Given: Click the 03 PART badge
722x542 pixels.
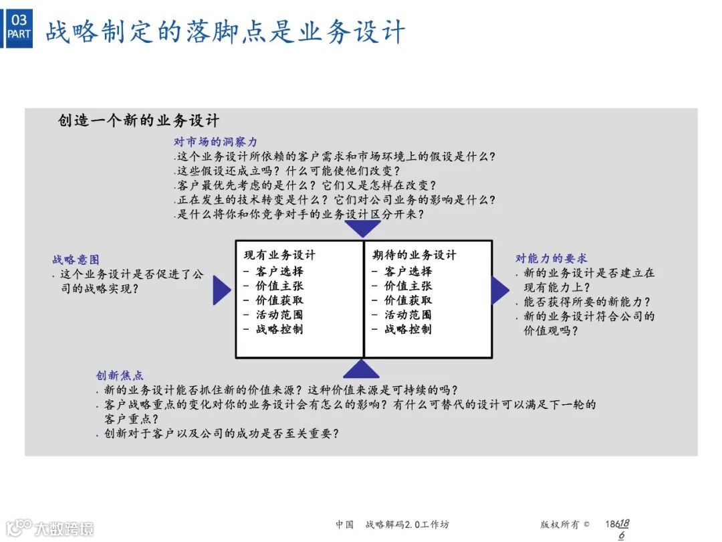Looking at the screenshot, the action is tap(19, 27).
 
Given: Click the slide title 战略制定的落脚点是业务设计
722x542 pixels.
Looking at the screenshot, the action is tap(225, 31).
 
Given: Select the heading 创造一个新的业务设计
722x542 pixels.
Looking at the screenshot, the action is tap(138, 121).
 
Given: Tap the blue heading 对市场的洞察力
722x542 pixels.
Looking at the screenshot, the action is tap(215, 142).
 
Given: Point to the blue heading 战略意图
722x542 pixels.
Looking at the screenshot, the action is tap(76, 260).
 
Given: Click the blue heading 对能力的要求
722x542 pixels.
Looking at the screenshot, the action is tap(551, 258).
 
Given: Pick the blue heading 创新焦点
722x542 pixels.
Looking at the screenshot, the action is tap(119, 375).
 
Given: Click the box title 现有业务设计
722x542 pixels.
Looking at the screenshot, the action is tap(279, 255).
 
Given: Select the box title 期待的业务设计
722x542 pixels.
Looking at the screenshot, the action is tap(414, 255).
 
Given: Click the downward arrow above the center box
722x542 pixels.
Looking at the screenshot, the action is tap(362, 229).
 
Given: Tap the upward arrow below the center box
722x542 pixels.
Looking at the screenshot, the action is tap(362, 369).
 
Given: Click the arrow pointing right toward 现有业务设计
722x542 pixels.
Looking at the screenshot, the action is tap(221, 290).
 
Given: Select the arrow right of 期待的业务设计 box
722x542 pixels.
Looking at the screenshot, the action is tap(499, 290).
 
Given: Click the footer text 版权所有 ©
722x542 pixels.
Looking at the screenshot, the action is tap(565, 525).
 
